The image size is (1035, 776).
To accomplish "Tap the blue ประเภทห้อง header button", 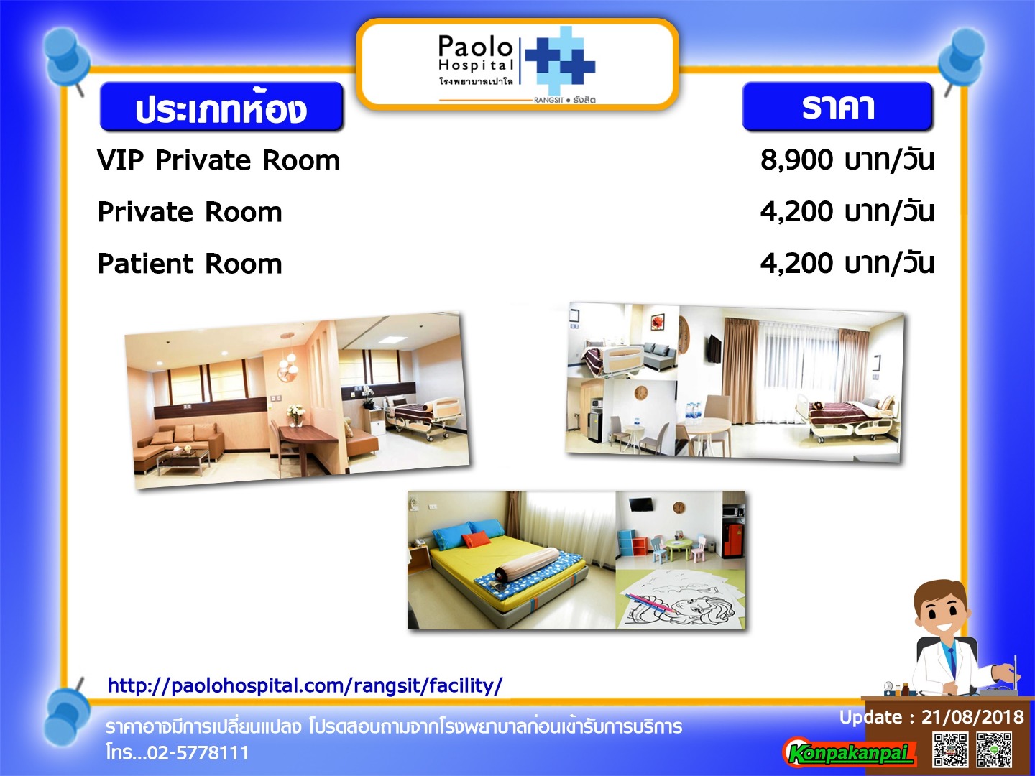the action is [221, 106].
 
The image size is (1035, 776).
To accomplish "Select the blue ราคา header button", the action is [837, 106].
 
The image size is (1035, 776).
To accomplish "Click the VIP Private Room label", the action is [218, 161].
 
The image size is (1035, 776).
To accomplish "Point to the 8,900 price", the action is [796, 161].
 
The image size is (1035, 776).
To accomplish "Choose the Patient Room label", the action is [190, 264].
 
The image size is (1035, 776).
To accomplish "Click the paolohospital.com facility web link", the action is [305, 685].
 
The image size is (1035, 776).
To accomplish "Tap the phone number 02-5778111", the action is [198, 752].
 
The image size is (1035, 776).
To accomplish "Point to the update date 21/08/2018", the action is [972, 717].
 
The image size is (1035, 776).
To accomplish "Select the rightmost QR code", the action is [994, 749].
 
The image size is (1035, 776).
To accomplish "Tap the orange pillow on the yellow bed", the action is [473, 540].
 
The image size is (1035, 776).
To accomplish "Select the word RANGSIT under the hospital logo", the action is [548, 101].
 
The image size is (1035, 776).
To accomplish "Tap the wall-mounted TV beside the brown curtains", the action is [714, 349].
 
